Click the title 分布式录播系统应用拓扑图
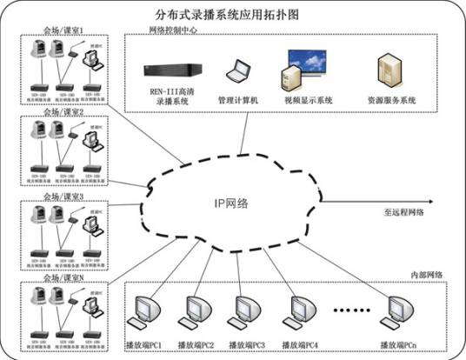[x=233, y=15]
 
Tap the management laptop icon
[x=237, y=70]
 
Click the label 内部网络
[x=425, y=275]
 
